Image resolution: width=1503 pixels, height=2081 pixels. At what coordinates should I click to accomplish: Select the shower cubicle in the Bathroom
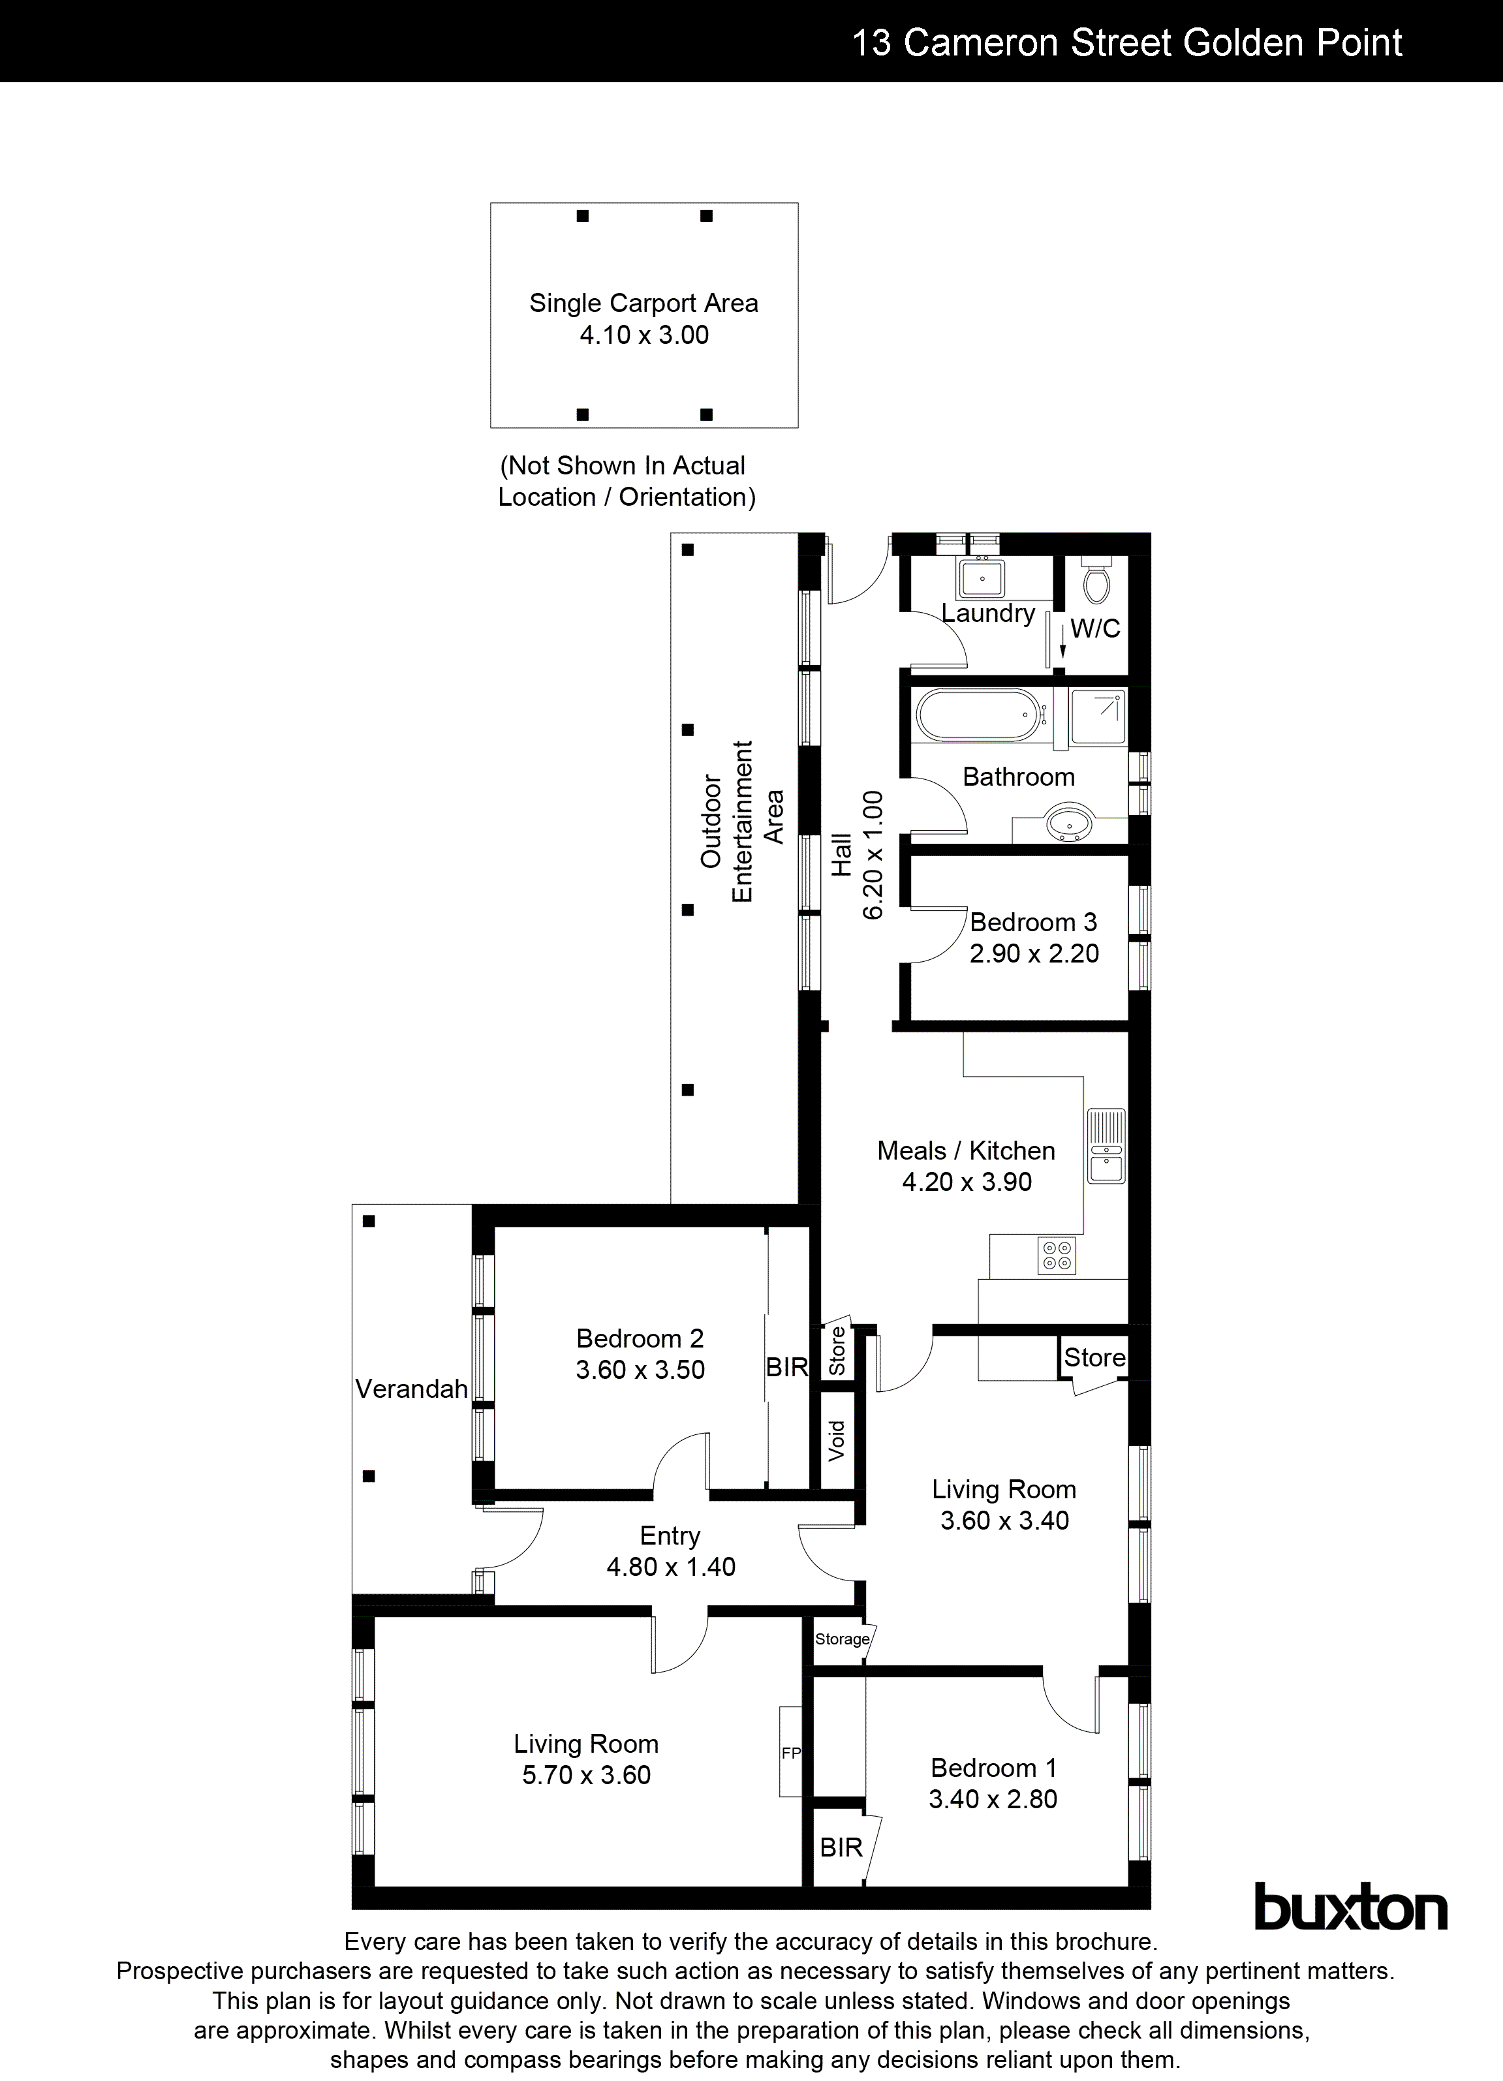pyautogui.click(x=1098, y=717)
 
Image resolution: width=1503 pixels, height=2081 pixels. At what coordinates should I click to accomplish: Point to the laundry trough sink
pyautogui.click(x=982, y=579)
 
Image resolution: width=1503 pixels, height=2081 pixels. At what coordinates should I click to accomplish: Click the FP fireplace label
pyautogui.click(x=790, y=1753)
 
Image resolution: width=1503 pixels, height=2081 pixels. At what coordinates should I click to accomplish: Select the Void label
pyautogui.click(x=836, y=1441)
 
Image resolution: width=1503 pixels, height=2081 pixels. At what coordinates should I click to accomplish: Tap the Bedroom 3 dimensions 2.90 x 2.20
pyautogui.click(x=1034, y=953)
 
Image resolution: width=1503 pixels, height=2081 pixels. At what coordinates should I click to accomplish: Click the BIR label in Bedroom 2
pyautogui.click(x=787, y=1367)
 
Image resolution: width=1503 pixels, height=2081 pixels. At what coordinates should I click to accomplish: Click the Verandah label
pyautogui.click(x=411, y=1389)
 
